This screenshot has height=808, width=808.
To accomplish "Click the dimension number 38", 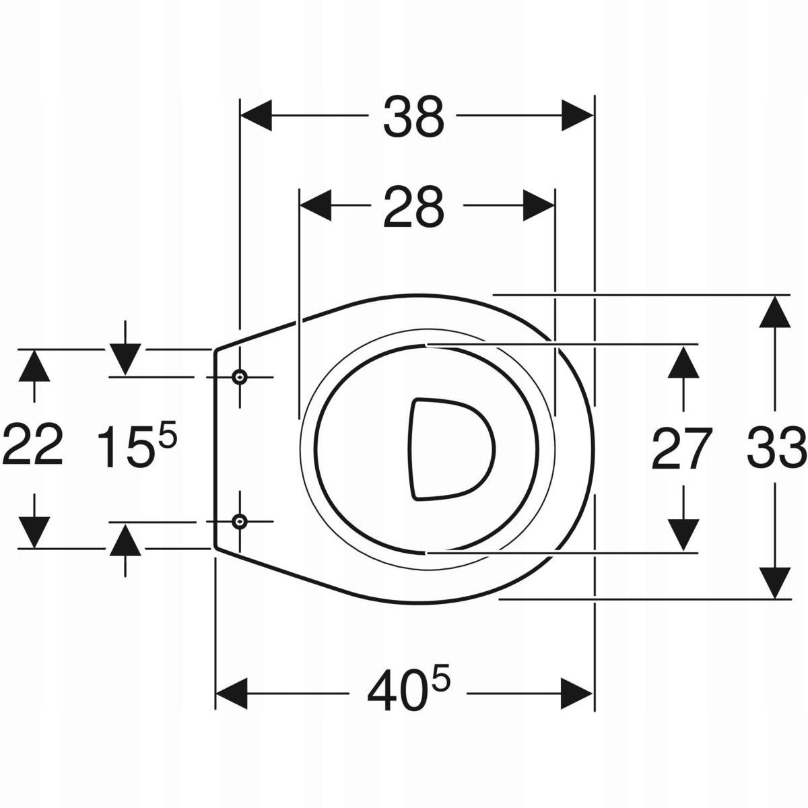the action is click(413, 116).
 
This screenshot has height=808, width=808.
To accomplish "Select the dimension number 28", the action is click(413, 207).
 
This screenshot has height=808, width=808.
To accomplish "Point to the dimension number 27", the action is click(682, 448).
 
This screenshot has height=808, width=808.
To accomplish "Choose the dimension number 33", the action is click(776, 446).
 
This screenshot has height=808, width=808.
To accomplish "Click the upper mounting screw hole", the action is click(240, 377).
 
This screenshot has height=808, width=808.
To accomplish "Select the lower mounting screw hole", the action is click(240, 522).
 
